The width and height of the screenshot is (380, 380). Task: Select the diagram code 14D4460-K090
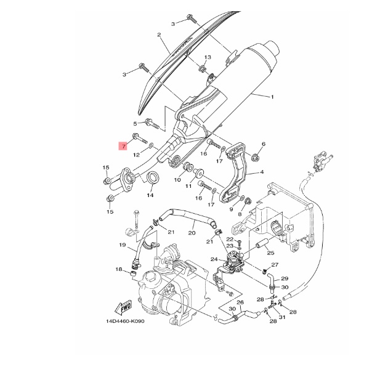(x=125, y=321)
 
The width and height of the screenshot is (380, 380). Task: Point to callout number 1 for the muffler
(x=272, y=97)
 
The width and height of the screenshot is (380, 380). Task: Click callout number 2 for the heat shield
(x=159, y=35)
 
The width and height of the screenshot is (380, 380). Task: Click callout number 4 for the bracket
(x=262, y=172)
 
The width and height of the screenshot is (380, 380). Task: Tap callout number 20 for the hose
(x=192, y=233)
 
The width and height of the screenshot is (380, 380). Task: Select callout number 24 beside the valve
(x=214, y=259)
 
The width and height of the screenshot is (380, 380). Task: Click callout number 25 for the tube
(x=270, y=253)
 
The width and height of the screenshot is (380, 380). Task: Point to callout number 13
(x=208, y=57)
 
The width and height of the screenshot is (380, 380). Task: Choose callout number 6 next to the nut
(x=264, y=144)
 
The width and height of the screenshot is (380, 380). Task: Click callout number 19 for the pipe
(x=123, y=245)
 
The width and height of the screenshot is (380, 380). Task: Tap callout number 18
(x=119, y=270)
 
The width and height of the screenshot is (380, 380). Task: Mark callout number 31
(x=282, y=317)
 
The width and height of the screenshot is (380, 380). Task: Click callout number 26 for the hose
(x=240, y=302)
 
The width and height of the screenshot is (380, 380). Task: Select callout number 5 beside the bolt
(x=135, y=124)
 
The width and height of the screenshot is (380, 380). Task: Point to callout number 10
(x=177, y=180)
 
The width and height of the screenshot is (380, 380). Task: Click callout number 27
(x=275, y=265)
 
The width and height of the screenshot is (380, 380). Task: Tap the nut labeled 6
(x=254, y=157)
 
